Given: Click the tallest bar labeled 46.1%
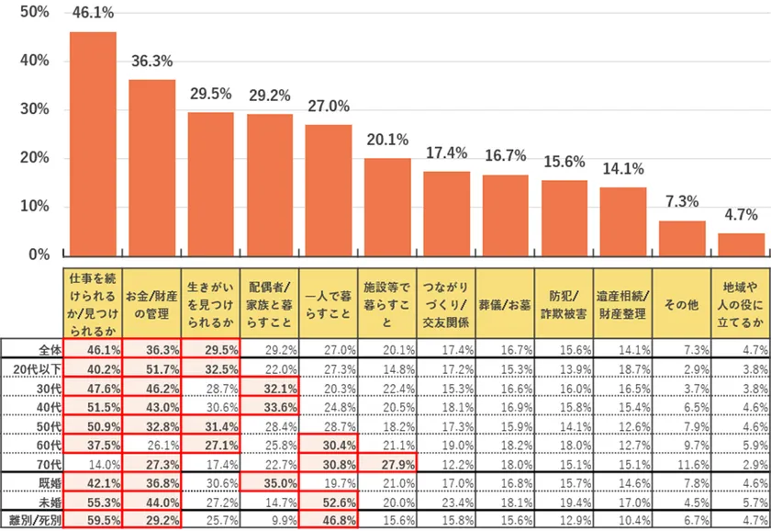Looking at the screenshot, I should tap(94, 143).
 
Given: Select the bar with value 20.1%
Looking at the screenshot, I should tap(387, 207).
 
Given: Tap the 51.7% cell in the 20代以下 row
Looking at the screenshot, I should tap(152, 368).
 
